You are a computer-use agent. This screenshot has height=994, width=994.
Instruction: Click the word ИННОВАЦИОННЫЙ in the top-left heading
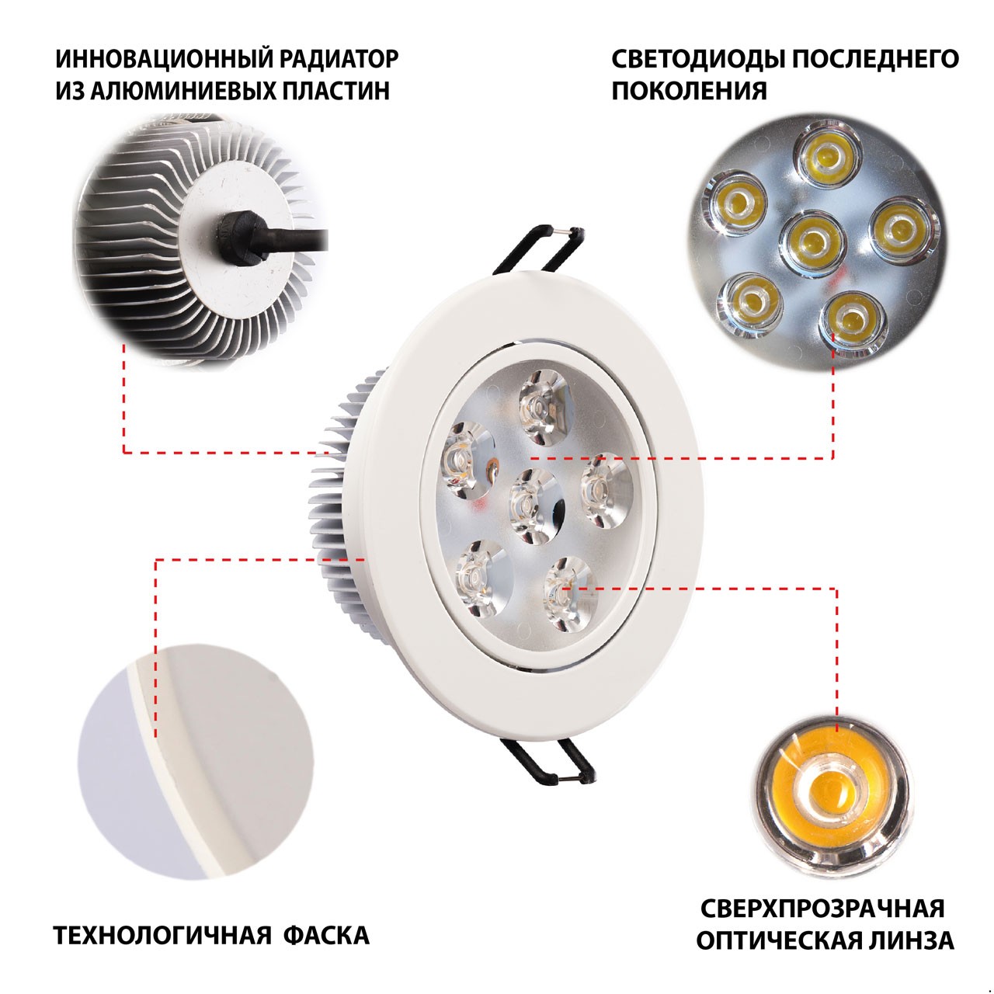(164, 59)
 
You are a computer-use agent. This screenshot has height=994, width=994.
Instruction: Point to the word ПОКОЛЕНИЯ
(689, 91)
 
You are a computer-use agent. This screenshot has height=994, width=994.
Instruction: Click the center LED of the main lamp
(533, 506)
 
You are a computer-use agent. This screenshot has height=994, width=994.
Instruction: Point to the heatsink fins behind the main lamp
(338, 495)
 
